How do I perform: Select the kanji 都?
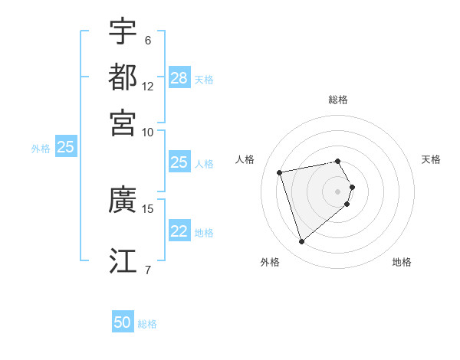pos(123,77)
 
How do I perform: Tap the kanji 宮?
pos(123,122)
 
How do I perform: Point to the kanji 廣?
pos(123,200)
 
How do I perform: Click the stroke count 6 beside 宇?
pos(147,41)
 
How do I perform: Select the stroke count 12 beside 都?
pos(148,87)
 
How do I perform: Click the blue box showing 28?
pos(179,78)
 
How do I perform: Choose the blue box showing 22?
pos(179,232)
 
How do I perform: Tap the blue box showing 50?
pos(123,323)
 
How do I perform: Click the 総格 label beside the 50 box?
pos(147,324)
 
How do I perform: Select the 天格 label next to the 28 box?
pos(204,79)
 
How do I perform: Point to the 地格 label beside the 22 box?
pos(204,233)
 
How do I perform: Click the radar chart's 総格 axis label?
pos(338,100)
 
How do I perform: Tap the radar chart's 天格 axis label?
pos(431,159)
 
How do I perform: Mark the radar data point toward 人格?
pos(280,172)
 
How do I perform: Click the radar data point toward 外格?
pos(302,242)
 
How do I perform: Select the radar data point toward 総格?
pos(338,161)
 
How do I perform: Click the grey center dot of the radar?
pos(338,191)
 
